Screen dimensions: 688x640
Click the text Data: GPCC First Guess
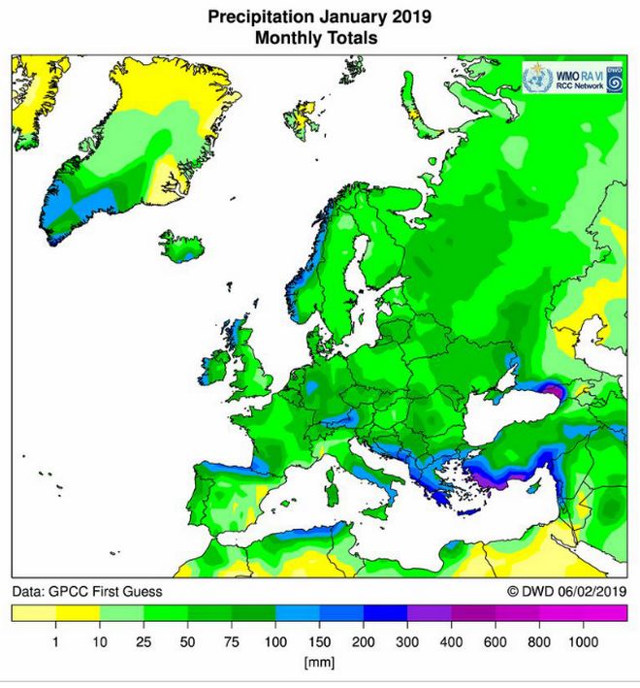point(87,591)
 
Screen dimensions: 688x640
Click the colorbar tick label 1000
point(584,642)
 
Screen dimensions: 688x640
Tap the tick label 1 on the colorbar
point(55,642)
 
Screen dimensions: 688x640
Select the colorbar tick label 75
point(232,642)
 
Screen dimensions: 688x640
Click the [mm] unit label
point(319,663)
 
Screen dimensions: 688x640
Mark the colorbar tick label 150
point(319,642)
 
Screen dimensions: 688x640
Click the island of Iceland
point(182,246)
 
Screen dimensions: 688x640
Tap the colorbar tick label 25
point(144,642)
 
